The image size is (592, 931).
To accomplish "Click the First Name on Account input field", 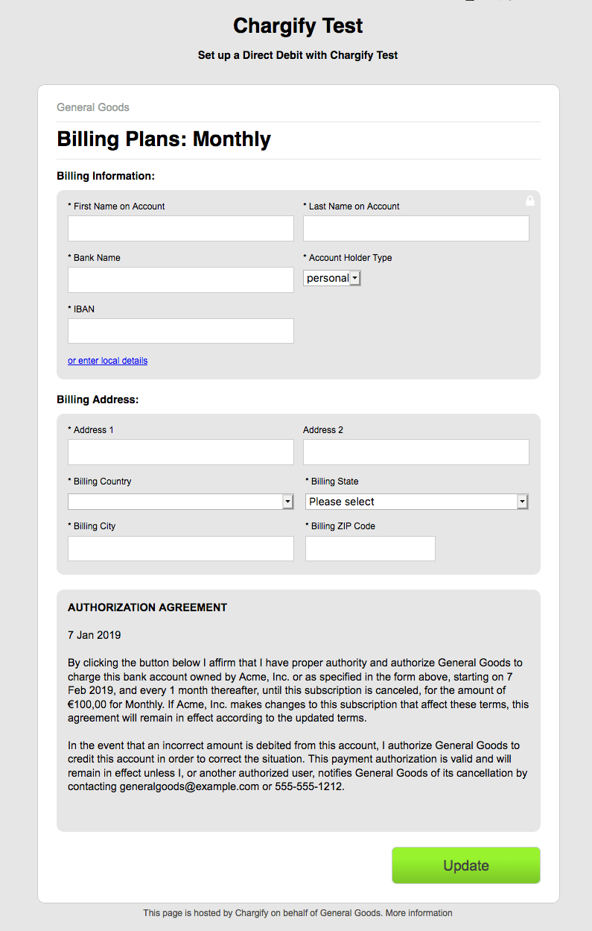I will click(x=180, y=229).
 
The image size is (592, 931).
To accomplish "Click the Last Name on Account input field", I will click(x=416, y=229).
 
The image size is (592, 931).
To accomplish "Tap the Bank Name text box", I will click(x=180, y=280).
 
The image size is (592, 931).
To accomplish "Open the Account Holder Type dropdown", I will click(x=332, y=278).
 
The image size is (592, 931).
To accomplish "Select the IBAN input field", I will click(x=180, y=331).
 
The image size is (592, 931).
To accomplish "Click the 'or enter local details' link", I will click(x=107, y=361).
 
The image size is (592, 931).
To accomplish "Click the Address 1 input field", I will click(x=180, y=452).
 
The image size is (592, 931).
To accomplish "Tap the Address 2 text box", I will click(x=416, y=452).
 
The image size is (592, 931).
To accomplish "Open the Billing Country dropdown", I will click(x=181, y=502).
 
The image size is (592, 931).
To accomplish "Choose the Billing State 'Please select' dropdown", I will click(x=416, y=502).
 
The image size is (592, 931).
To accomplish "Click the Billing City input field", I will click(x=180, y=549).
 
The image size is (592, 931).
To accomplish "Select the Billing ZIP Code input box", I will click(x=370, y=549).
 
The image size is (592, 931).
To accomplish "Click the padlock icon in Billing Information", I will click(x=530, y=201).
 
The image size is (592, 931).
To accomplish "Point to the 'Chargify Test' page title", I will click(x=298, y=26).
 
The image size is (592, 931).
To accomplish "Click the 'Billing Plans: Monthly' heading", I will click(x=164, y=139).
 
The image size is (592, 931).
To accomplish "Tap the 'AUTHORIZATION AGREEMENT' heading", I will click(x=147, y=607).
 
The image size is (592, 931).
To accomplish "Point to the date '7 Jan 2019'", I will click(x=94, y=635).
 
